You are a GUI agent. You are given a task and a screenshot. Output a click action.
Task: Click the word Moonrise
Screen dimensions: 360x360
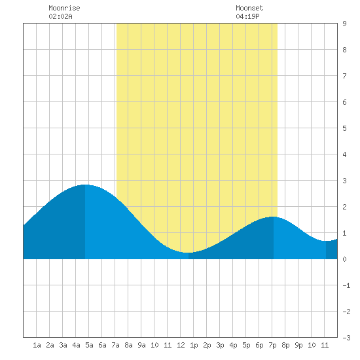(x=64, y=8)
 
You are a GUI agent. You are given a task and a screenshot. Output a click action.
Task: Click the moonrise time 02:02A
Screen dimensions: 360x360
(x=60, y=16)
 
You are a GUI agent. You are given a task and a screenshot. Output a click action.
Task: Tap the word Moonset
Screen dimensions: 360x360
(x=249, y=8)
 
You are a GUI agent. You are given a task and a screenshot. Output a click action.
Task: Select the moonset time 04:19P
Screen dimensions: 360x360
(x=247, y=16)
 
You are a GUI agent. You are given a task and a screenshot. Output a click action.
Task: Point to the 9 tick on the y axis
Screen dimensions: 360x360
(x=344, y=24)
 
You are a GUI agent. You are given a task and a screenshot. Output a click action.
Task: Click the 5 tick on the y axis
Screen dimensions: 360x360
(x=344, y=128)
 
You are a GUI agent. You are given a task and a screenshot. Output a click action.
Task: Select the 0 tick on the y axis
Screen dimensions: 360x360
(x=344, y=259)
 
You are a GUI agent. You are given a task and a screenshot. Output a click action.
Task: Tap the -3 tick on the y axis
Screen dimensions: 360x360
(x=346, y=338)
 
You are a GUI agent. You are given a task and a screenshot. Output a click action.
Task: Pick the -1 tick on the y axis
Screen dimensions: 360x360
(x=346, y=285)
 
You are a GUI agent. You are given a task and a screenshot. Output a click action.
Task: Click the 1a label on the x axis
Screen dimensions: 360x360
(x=37, y=345)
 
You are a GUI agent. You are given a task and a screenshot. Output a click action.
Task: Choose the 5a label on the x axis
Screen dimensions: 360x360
(x=89, y=345)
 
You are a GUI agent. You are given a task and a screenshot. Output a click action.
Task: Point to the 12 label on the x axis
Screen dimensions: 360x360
(x=181, y=345)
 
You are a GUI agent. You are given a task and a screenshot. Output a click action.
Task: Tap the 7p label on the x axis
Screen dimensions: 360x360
(x=272, y=345)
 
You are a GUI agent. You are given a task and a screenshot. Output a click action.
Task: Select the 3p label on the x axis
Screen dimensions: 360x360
(x=220, y=345)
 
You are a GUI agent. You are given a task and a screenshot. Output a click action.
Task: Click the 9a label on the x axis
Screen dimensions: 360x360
(x=141, y=345)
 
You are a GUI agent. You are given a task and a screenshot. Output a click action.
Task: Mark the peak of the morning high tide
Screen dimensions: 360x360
(x=85, y=185)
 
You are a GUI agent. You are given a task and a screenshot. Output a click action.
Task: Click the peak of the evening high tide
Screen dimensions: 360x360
(x=274, y=217)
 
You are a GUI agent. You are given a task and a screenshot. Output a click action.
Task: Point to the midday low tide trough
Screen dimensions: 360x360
(x=189, y=253)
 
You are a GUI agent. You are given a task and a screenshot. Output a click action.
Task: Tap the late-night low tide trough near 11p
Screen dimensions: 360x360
(x=326, y=241)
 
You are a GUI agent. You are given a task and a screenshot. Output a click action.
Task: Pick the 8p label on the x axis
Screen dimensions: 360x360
(x=285, y=345)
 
